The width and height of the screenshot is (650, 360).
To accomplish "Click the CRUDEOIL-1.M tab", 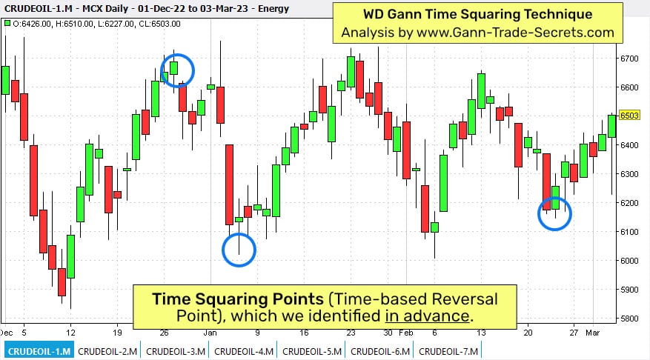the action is click(x=39, y=351).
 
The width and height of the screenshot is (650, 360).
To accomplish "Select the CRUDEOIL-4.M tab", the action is click(x=244, y=351).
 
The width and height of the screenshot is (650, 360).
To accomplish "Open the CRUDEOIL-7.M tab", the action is click(x=448, y=351).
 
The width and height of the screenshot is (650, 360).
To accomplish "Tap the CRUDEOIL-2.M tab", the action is click(x=107, y=351).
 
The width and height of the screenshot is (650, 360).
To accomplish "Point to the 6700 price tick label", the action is click(x=629, y=59).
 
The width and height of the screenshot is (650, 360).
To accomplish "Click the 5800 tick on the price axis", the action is click(x=629, y=319).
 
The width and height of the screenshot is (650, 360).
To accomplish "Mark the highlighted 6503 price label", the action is click(x=629, y=115).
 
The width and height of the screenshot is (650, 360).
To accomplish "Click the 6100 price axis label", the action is click(x=629, y=232).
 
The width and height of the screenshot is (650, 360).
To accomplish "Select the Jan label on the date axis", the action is click(x=210, y=333).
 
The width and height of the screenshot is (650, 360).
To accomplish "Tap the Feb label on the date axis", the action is click(x=406, y=333).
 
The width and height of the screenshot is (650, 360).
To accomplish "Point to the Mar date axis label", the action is click(x=592, y=333).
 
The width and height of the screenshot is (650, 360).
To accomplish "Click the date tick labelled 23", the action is click(x=351, y=333).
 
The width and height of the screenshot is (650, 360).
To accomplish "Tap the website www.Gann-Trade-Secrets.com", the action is click(x=515, y=33).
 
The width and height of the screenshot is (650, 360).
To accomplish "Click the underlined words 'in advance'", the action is click(x=428, y=316).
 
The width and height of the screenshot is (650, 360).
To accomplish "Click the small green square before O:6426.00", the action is click(x=7, y=23).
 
